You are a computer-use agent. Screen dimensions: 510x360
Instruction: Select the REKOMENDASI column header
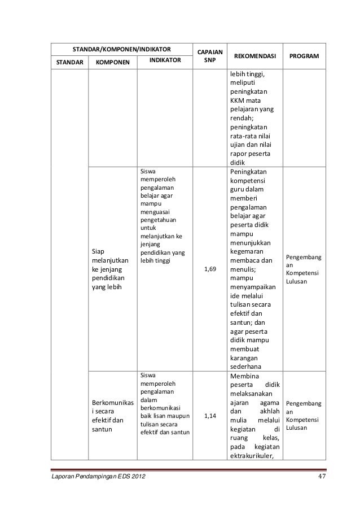point(254,56)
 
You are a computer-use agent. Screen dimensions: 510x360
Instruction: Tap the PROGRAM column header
point(304,56)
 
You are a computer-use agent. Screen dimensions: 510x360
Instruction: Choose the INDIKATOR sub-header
point(166,59)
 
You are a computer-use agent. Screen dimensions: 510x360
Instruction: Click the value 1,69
point(209,269)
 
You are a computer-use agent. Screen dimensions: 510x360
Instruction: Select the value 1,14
point(209,416)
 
